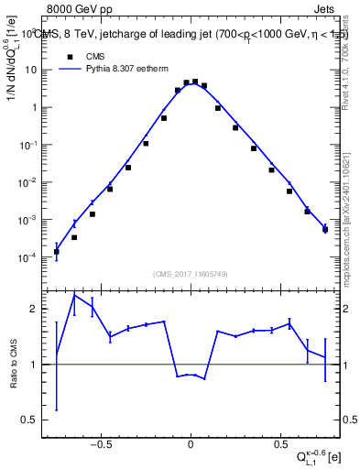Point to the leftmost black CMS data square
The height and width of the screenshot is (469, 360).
(57, 252)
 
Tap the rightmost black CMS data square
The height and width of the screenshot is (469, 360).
(325, 229)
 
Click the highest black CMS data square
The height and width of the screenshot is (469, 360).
(195, 82)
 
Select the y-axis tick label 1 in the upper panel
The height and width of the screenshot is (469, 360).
(38, 107)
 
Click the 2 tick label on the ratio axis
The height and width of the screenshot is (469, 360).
(38, 310)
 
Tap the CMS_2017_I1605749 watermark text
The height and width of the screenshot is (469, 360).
(191, 274)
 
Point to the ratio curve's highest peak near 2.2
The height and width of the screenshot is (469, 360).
(75, 294)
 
